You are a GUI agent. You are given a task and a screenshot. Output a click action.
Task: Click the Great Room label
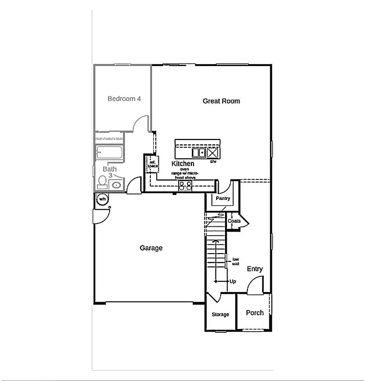[221, 101]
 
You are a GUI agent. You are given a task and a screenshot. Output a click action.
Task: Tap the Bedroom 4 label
[124, 99]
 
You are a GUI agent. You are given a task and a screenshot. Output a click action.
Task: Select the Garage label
[151, 248]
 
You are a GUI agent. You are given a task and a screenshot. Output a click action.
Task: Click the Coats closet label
[234, 221]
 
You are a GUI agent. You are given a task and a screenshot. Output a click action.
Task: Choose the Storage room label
[221, 315]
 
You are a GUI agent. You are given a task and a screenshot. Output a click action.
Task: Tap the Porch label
[255, 313]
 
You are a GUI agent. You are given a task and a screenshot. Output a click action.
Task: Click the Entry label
[255, 269]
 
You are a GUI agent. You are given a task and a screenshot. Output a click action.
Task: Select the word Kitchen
[183, 164]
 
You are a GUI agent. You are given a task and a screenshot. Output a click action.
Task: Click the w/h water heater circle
[102, 199]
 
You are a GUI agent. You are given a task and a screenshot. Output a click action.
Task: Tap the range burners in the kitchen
[185, 186]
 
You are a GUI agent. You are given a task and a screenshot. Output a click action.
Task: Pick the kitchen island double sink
[199, 152]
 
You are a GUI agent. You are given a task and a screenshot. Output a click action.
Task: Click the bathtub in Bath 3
[109, 153]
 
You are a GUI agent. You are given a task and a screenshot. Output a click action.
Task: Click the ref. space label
[152, 164]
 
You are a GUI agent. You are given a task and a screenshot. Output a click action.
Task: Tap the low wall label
[236, 261]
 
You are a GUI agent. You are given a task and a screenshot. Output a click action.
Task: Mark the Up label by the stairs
[233, 281]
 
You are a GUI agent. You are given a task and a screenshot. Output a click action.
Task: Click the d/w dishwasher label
[213, 162]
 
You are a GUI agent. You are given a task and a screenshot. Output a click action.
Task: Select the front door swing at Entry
[255, 285]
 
